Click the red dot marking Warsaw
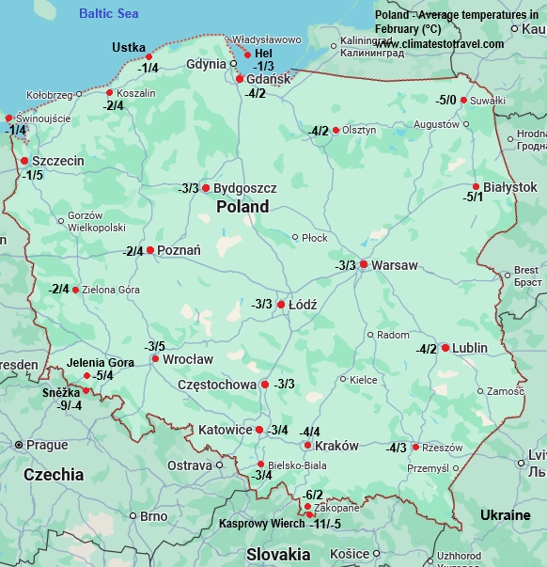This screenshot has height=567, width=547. point(364,264)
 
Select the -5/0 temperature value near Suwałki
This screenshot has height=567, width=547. point(446,100)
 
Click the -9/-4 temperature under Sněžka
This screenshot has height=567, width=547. point(70,405)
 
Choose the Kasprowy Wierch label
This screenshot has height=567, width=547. point(261,524)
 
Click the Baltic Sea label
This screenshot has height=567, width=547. point(108,13)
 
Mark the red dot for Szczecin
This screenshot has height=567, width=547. point(24,161)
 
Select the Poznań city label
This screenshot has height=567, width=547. point(179,250)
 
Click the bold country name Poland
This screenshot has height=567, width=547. point(242,206)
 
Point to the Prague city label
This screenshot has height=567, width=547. point(47,445)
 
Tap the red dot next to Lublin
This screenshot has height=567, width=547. point(445,348)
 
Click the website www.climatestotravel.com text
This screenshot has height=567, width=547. point(439,43)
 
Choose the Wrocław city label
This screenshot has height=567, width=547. point(188,359)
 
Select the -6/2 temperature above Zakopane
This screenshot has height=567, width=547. point(313,495)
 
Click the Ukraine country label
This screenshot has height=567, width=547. point(506,515)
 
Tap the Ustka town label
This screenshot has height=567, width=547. point(129,47)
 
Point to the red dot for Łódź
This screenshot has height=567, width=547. point(281,304)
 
